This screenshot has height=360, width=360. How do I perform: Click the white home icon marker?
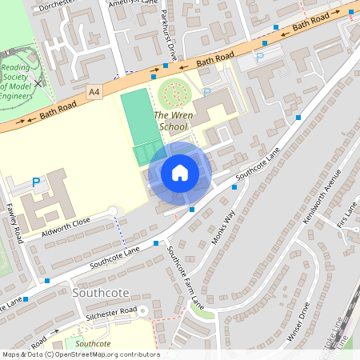tap(180, 173)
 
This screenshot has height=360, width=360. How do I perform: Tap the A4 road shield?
tap(95, 93)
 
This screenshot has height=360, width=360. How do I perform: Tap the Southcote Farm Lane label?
tap(186, 276)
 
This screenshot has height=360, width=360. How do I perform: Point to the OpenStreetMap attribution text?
tap(80, 354)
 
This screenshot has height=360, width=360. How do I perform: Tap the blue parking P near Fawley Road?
tap(35, 183)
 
